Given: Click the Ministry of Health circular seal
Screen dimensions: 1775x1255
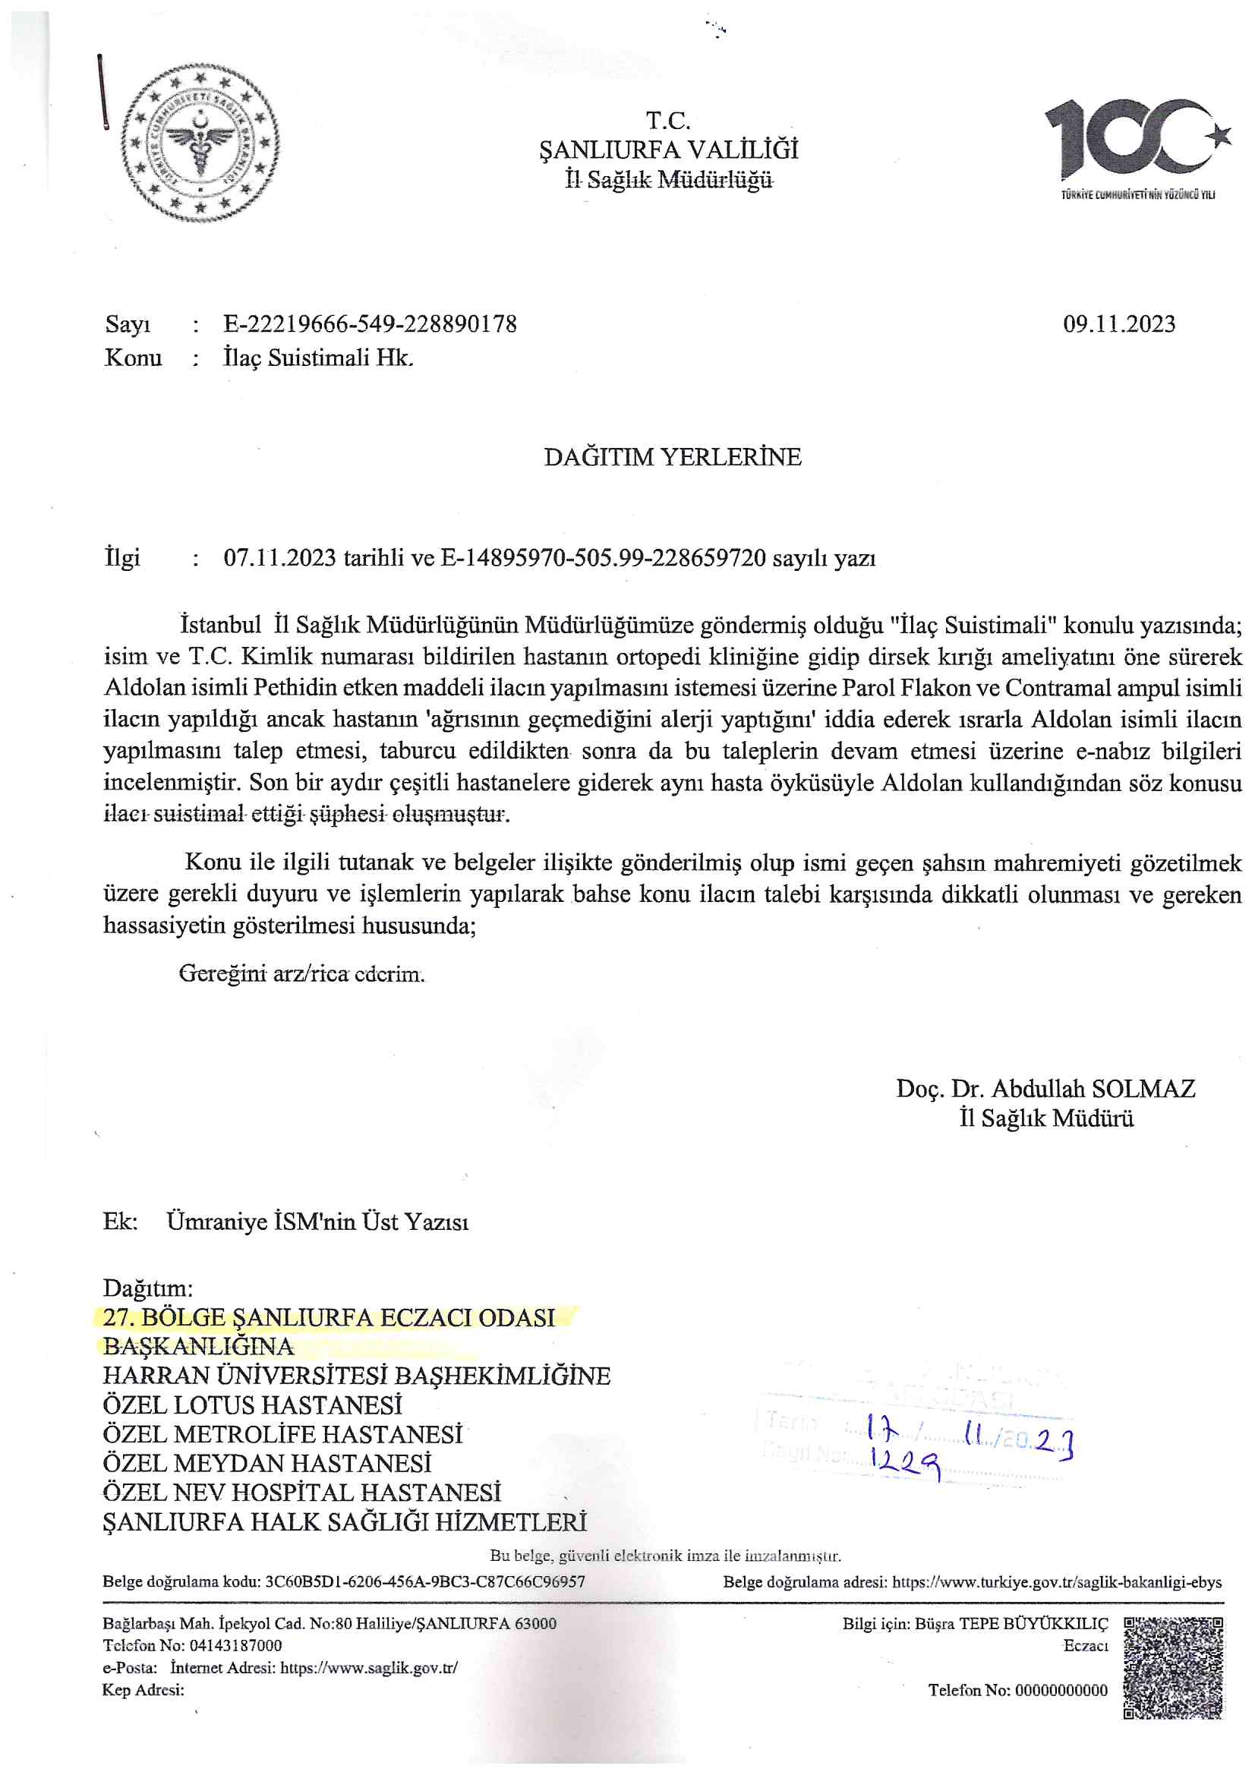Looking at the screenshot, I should pyautogui.click(x=200, y=144).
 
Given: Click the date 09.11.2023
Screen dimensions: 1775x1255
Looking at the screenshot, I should pyautogui.click(x=1119, y=324).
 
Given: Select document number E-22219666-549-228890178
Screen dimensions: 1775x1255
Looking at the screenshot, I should pyautogui.click(x=370, y=324).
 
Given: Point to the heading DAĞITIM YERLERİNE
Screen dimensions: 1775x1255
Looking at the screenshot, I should pyautogui.click(x=672, y=457).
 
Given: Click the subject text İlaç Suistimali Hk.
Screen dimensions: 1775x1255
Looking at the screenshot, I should pyautogui.click(x=318, y=358).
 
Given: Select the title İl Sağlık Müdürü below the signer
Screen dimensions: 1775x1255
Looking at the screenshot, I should pyautogui.click(x=1046, y=1118).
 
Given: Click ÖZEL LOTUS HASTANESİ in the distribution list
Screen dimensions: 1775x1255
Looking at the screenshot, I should pyautogui.click(x=252, y=1405).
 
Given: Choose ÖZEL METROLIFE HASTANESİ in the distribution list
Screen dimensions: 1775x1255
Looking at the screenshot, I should pyautogui.click(x=282, y=1434).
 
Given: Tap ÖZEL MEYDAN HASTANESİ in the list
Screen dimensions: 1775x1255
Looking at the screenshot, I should pyautogui.click(x=266, y=1464).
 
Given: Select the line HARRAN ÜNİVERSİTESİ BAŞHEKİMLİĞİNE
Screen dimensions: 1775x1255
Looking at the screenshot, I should pyautogui.click(x=357, y=1376).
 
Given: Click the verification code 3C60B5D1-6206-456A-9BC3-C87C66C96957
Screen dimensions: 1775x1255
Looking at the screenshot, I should pyautogui.click(x=424, y=1581).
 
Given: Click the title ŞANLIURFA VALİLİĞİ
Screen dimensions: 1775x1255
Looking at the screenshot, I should pyautogui.click(x=669, y=150).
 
